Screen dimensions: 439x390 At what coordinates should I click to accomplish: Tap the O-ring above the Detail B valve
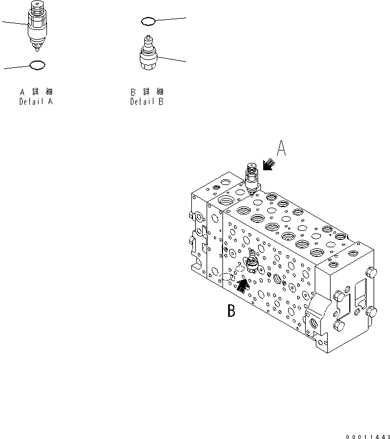(x=148, y=21)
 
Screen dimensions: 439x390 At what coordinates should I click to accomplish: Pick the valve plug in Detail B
(x=148, y=55)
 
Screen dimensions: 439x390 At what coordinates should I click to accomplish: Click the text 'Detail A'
(x=36, y=102)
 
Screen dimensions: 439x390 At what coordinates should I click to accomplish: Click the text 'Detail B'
(x=147, y=102)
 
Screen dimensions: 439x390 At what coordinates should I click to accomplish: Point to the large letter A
(x=282, y=149)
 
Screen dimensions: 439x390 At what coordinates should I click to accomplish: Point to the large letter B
(x=231, y=311)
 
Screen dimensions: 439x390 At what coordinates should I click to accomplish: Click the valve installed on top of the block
(x=252, y=177)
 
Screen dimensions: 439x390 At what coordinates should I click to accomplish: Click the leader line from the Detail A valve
(x=14, y=23)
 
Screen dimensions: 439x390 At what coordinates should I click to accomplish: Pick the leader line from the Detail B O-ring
(x=170, y=19)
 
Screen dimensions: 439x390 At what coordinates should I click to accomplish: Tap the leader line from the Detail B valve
(x=173, y=59)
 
